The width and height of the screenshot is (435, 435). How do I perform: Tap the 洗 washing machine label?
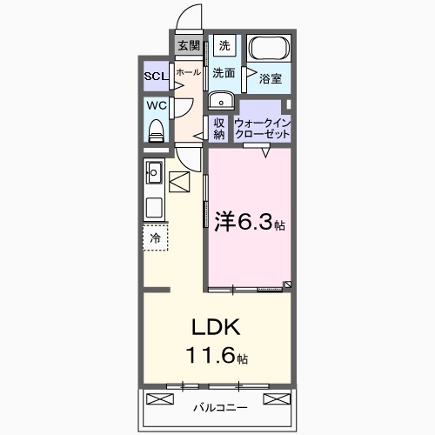tap(224, 46)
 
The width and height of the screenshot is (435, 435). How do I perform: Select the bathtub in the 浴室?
tap(270, 50)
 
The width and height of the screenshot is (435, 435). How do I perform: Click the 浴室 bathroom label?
tap(270, 78)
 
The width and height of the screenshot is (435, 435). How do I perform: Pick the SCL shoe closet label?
tap(157, 75)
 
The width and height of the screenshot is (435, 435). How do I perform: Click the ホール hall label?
tap(188, 74)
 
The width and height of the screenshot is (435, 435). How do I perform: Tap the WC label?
tap(157, 106)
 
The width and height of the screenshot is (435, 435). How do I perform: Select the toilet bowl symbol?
tap(157, 130)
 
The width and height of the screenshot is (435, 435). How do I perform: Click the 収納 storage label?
tap(219, 129)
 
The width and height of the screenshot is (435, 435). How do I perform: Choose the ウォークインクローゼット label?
tap(263, 129)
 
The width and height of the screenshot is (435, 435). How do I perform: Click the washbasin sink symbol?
tap(219, 98)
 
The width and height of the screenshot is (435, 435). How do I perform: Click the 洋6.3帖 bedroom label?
tap(249, 223)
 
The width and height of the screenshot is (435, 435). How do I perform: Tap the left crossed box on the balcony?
tap(161, 399)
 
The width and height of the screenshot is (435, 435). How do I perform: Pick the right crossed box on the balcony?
tap(275, 399)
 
